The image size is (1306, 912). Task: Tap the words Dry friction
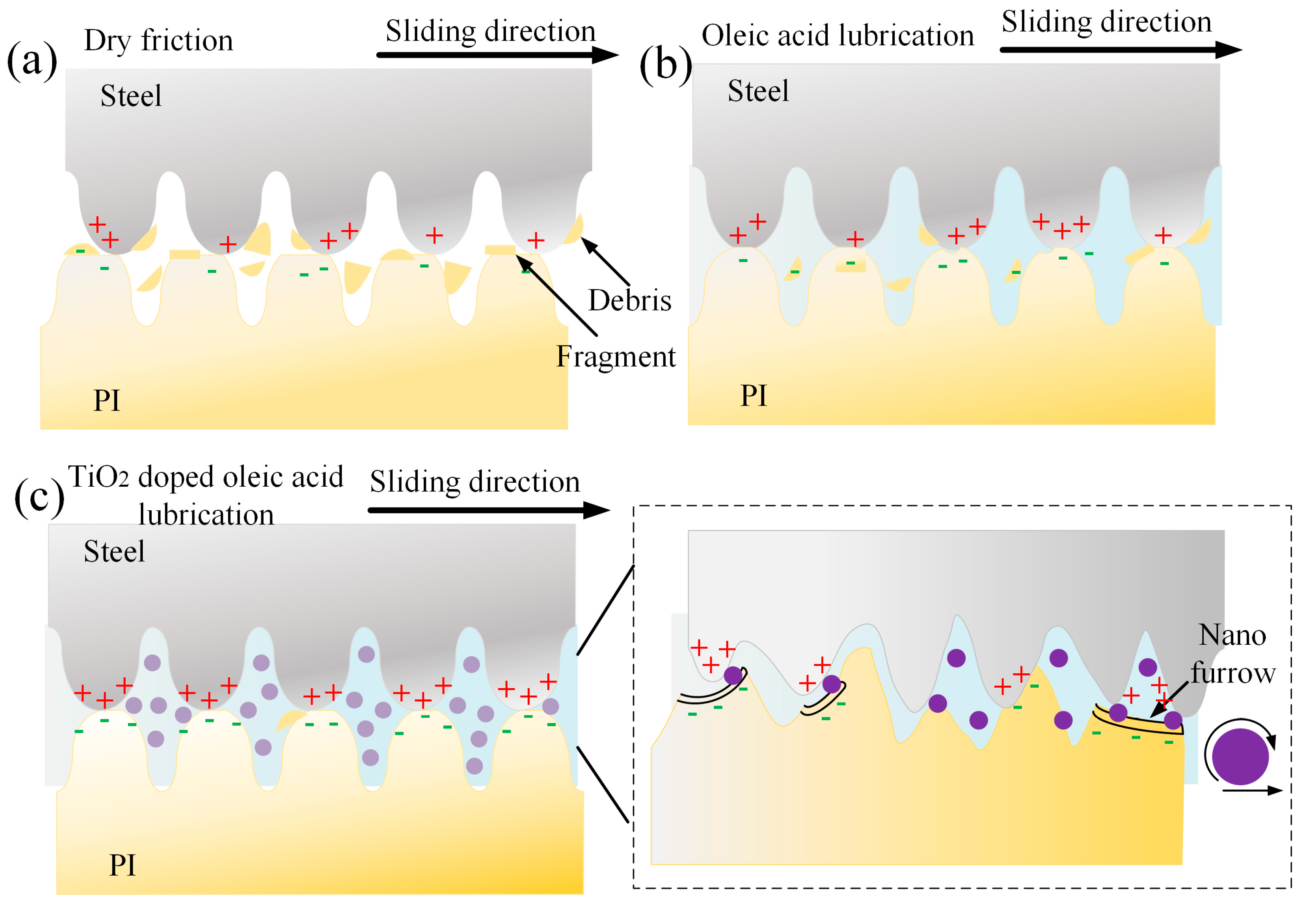coord(159,41)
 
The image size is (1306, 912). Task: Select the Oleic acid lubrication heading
coord(837,36)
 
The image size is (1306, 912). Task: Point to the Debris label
coord(630,301)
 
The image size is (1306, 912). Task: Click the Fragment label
coord(615,357)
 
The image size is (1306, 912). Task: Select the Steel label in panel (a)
coord(131,95)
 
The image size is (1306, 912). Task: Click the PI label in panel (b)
coord(754,396)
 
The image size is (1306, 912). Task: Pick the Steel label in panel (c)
coord(114,551)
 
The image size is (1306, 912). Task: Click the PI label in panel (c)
coord(122,865)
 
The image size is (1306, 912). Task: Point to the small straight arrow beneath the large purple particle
coord(1251,790)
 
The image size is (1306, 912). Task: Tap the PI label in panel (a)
coord(107,400)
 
